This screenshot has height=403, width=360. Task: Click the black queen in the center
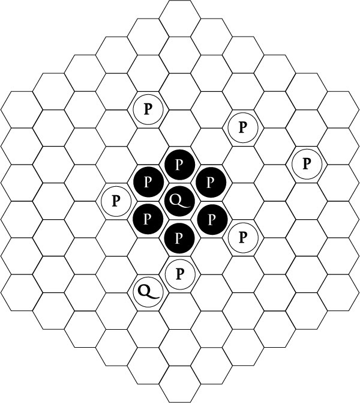[x=179, y=200]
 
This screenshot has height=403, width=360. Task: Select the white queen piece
[x=148, y=291]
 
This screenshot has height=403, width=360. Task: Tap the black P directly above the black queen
[x=179, y=163]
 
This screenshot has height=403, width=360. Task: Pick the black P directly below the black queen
[x=179, y=237]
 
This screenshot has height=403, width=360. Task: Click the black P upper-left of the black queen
[x=148, y=181]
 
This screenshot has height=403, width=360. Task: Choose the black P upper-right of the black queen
[x=211, y=181]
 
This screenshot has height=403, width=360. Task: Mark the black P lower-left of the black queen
[x=148, y=218]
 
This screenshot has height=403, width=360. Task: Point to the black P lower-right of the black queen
[x=211, y=218]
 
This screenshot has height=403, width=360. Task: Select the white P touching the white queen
[x=179, y=274]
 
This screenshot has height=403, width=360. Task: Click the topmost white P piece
[x=148, y=109]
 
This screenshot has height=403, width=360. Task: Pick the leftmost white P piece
[x=116, y=199]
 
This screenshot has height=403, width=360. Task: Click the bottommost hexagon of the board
[x=179, y=384]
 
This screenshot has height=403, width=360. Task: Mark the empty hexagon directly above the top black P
[x=179, y=127]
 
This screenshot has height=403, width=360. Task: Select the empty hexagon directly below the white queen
[x=148, y=329]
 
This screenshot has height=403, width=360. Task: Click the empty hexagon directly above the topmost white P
[x=148, y=72]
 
